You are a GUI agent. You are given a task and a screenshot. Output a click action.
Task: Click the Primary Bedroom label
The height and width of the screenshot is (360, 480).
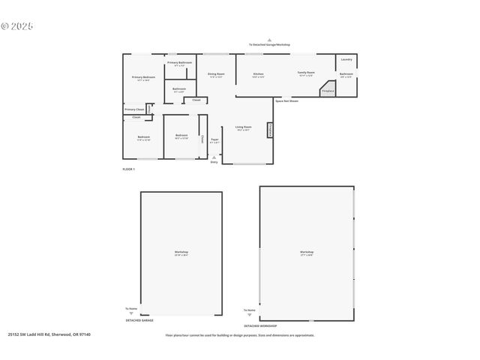point(143,77)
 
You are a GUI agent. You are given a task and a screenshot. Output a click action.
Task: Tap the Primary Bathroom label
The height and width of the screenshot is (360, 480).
point(179,62)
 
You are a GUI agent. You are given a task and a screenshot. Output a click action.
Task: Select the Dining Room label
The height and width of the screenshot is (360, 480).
point(215,73)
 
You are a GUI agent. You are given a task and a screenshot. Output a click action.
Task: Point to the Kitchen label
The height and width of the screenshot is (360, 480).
point(258,74)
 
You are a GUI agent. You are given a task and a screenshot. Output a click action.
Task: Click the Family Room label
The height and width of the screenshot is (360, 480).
point(305,73)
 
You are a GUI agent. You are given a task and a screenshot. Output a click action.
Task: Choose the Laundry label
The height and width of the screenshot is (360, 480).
point(346,59)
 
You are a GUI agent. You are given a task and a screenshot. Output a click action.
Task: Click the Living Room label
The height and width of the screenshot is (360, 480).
point(243,127)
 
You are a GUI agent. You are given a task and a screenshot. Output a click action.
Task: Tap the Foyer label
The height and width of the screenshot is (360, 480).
point(214,139)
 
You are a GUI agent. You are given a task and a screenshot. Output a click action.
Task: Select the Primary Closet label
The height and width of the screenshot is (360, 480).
point(135,109)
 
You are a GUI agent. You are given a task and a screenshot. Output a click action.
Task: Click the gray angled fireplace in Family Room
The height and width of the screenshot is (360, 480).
point(327,88)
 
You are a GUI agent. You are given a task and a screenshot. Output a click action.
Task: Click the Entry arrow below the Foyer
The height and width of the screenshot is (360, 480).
point(214,157)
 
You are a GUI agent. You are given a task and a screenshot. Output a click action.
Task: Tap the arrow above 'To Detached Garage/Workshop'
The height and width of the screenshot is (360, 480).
point(268,40)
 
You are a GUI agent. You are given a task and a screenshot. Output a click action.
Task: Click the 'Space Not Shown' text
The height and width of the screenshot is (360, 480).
point(286,100)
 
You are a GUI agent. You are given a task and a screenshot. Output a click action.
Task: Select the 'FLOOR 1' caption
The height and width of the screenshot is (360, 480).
point(128,169)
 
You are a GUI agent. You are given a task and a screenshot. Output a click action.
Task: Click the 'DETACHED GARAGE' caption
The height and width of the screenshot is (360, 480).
point(139,320)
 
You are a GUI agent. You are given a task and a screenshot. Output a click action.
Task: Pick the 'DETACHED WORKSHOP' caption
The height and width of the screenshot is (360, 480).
point(260,326)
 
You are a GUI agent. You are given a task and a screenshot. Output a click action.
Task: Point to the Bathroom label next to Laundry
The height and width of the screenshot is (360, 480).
point(346,74)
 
